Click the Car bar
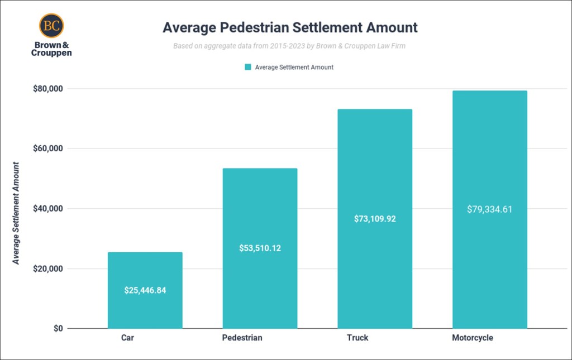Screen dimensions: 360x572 [145, 268]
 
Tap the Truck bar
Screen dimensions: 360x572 [375, 167]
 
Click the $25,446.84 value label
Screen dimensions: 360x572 [145, 290]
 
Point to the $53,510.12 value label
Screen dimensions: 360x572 [260, 248]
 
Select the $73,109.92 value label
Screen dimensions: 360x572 [375, 219]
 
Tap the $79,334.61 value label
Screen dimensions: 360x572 [489, 210]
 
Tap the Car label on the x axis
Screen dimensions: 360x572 [127, 338]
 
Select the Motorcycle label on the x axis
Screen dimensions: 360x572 [473, 338]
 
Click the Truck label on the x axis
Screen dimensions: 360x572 [357, 338]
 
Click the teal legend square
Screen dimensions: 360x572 [248, 67]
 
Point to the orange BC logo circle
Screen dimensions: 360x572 [51, 26]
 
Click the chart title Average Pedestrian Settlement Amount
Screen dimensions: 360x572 [290, 27]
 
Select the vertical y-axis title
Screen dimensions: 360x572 [17, 213]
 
